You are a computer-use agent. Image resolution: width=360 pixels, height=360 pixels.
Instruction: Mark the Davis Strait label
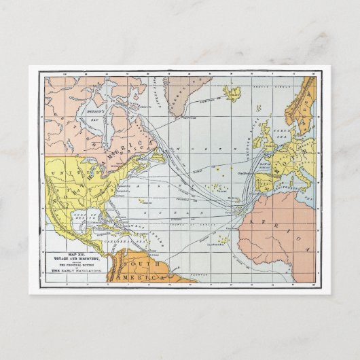(x=149, y=92)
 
